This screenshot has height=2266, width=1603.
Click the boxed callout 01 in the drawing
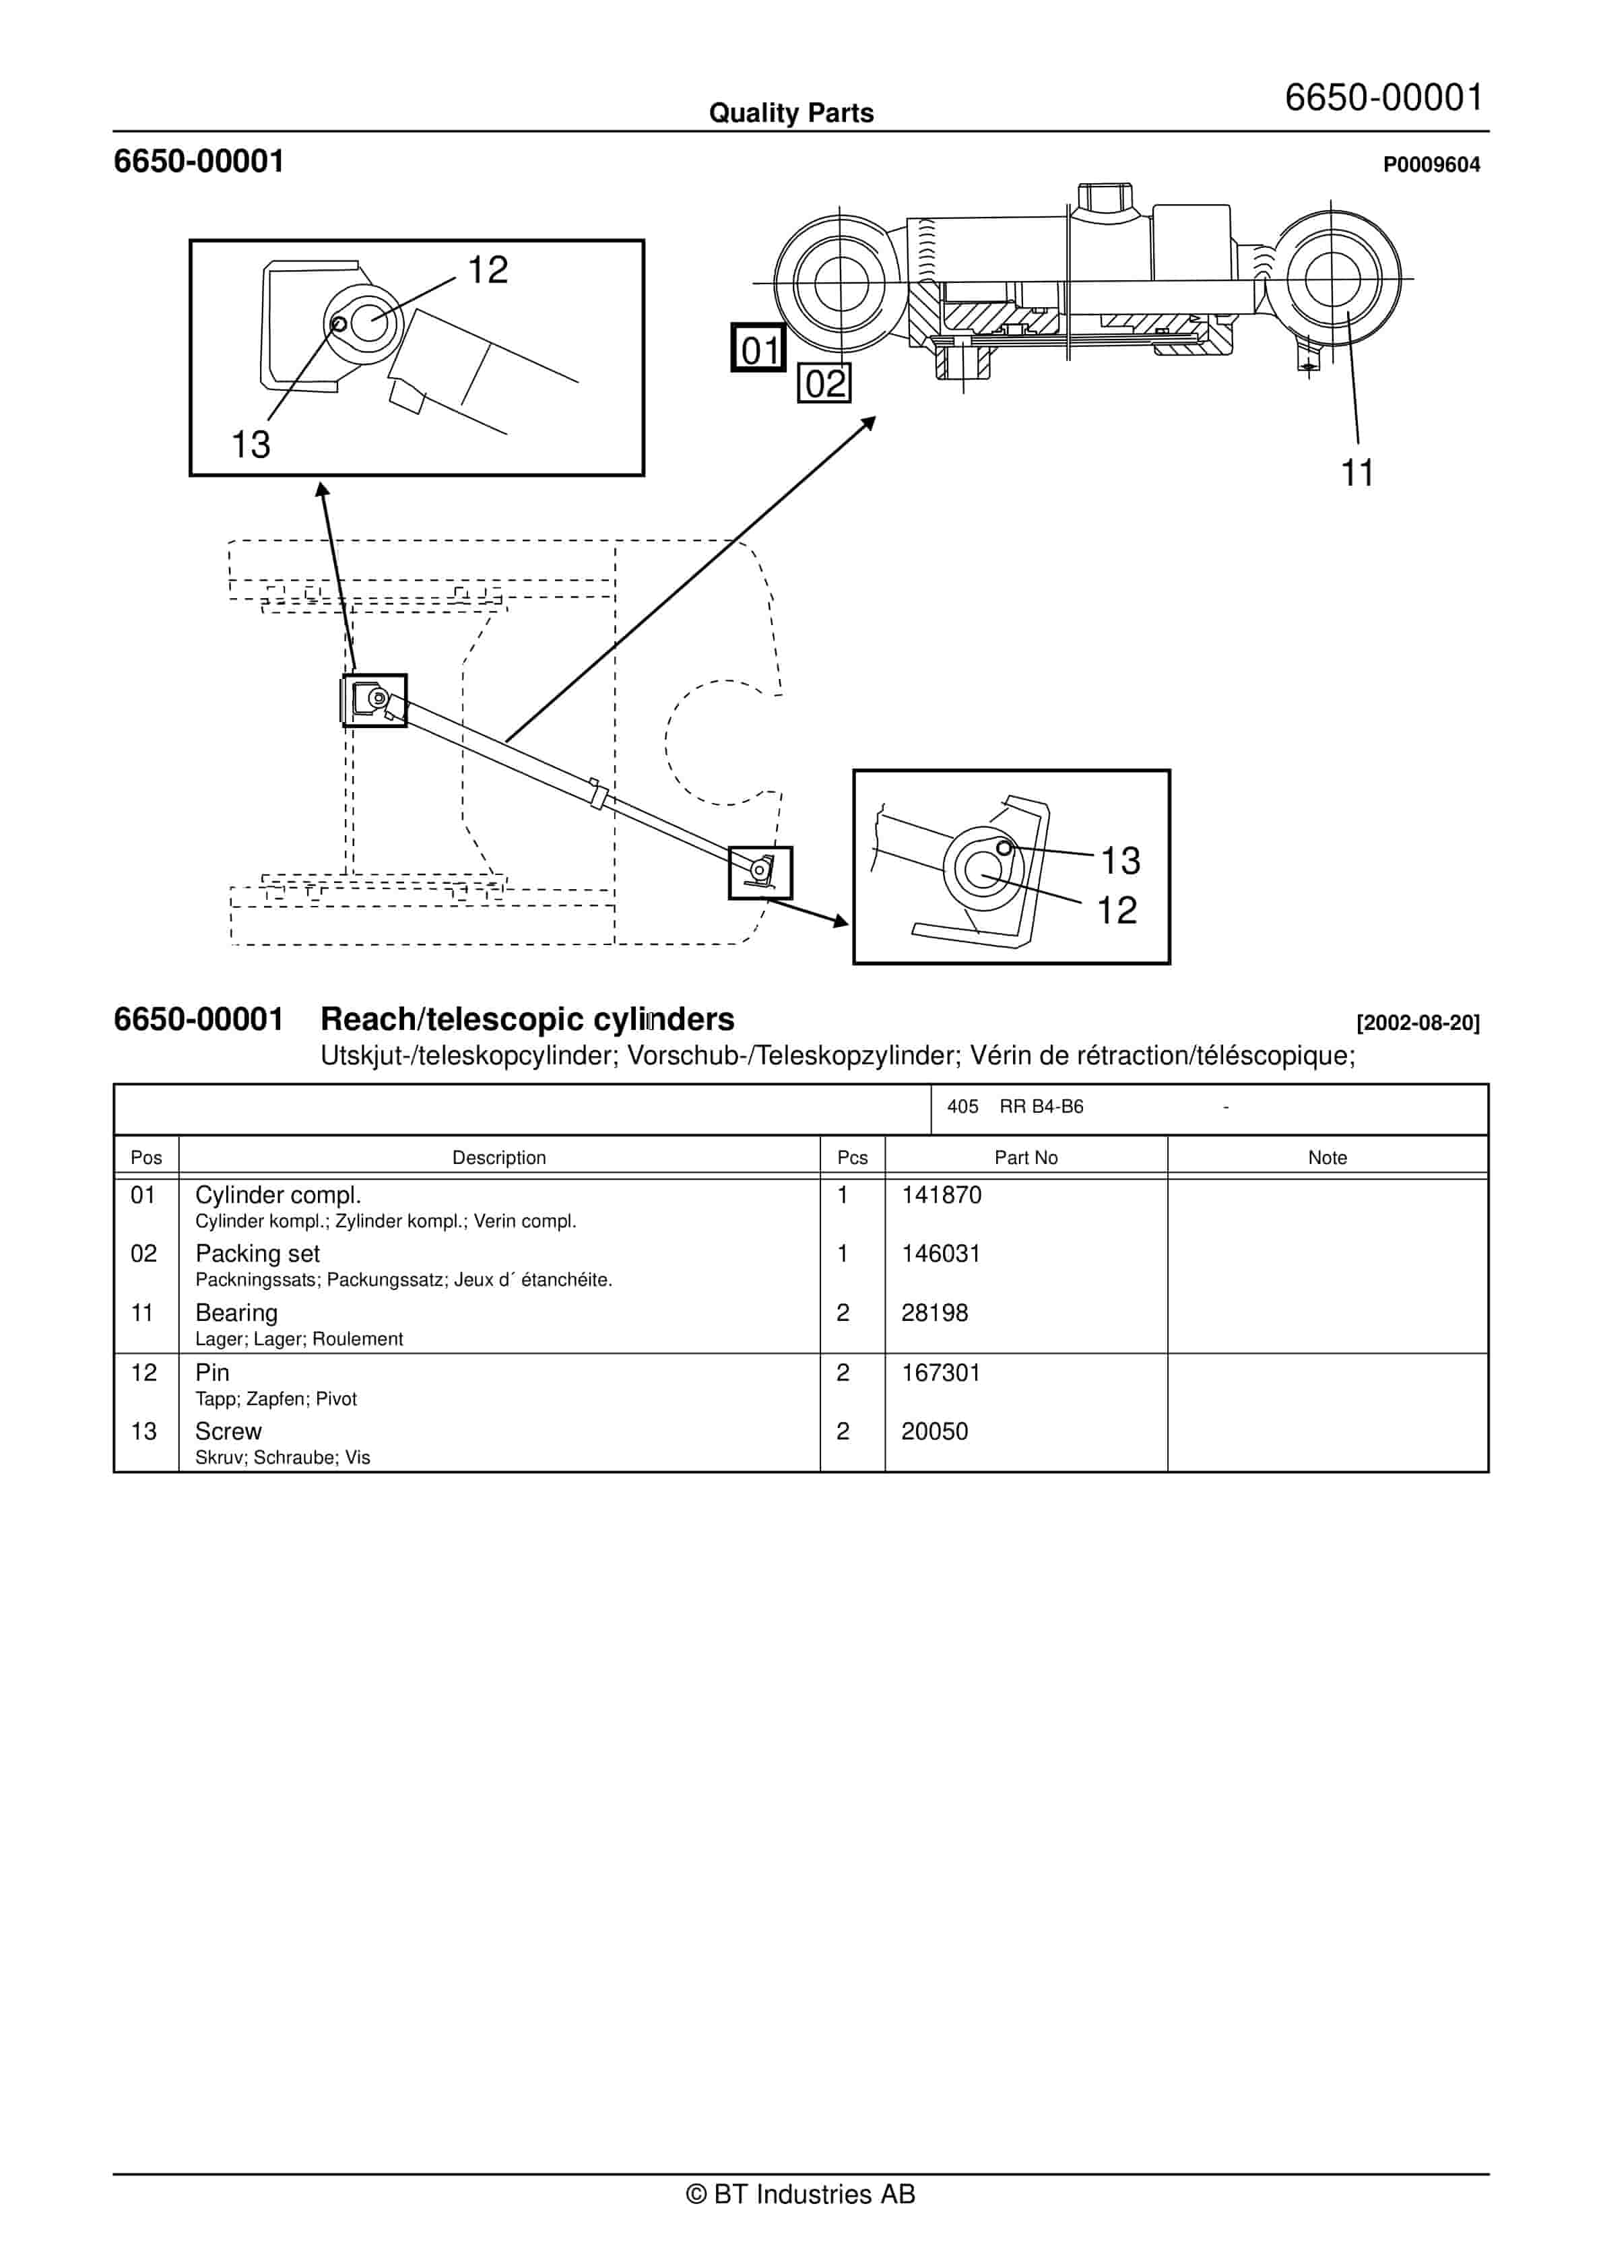tap(758, 348)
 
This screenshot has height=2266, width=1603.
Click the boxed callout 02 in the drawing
tap(824, 383)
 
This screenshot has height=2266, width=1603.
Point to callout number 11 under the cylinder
tap(1357, 473)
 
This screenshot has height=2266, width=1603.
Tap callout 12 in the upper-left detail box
tap(488, 269)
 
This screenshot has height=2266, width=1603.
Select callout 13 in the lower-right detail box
tap(1120, 861)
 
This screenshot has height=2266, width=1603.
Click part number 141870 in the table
tap(941, 1195)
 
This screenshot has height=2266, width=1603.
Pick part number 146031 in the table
tap(941, 1254)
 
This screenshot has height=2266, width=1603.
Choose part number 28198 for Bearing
tap(934, 1313)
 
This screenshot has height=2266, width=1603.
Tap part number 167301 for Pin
tap(941, 1373)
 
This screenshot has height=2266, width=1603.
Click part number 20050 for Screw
tap(934, 1431)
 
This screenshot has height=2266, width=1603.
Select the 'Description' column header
tap(498, 1158)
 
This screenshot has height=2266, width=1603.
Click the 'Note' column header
tap(1327, 1158)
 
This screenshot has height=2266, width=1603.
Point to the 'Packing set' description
tap(257, 1254)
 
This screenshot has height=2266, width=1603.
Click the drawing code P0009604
tap(1431, 165)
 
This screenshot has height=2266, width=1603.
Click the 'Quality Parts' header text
tap(791, 113)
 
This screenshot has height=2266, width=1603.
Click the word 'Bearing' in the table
tap(236, 1313)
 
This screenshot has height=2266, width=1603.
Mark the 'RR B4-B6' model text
tap(1041, 1106)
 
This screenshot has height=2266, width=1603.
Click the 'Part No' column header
tap(1026, 1158)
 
